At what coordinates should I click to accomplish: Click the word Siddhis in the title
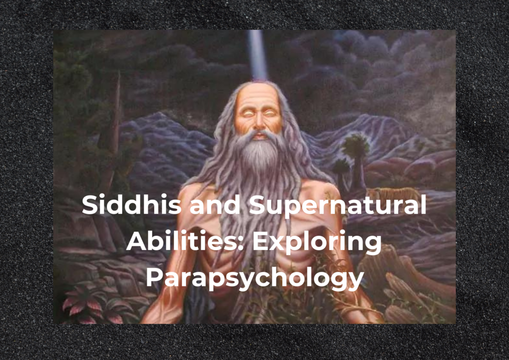tap(131, 204)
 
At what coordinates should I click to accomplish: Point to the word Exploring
tap(317, 243)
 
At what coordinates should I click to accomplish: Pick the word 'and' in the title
tap(215, 204)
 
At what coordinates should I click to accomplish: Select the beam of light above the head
tap(257, 55)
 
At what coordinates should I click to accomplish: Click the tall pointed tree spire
tap(114, 113)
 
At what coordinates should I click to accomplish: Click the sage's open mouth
tap(259, 136)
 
